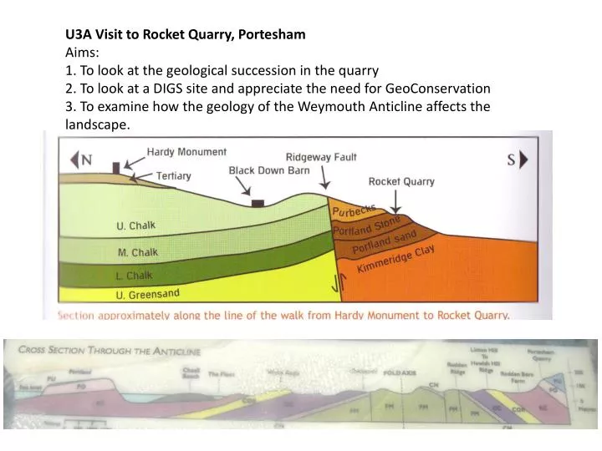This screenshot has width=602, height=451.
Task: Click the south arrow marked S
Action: tap(515, 159)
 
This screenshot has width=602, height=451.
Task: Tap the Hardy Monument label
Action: tap(186, 152)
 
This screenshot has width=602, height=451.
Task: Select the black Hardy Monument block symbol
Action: tap(115, 167)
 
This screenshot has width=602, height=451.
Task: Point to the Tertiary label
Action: tap(174, 175)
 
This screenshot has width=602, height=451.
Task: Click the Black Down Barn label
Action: tap(269, 170)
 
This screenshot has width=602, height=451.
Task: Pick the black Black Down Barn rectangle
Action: tap(258, 203)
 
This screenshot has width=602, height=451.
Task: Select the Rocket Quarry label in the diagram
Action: tap(401, 181)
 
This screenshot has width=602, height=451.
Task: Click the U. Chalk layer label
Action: tap(135, 225)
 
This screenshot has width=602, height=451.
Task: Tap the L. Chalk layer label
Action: tap(135, 276)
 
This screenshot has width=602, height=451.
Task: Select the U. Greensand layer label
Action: tap(147, 294)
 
